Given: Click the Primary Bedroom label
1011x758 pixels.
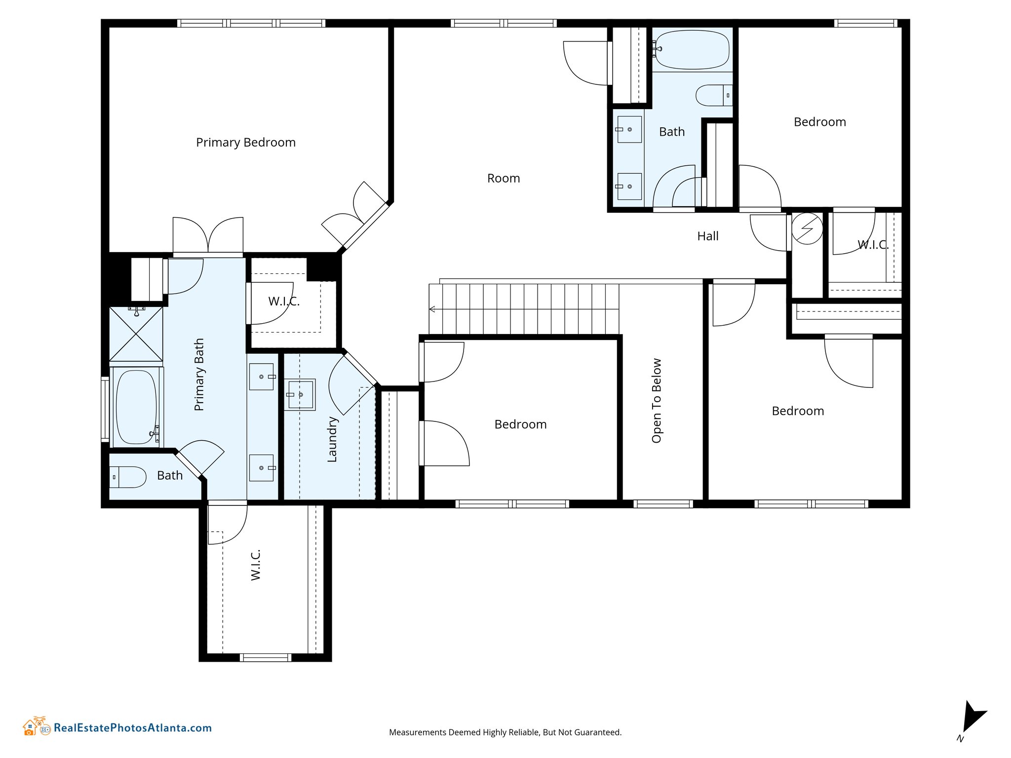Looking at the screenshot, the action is [x=246, y=143].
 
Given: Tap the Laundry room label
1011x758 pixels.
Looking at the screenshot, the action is [x=332, y=439].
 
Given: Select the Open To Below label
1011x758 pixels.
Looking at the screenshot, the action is [x=657, y=401].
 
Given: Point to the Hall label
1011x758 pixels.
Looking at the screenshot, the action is [x=708, y=236].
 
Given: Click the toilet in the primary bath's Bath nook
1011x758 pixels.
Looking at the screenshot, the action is [x=128, y=477].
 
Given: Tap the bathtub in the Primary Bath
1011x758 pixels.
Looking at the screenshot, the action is [x=137, y=407].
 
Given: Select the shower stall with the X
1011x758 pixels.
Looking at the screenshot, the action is [x=136, y=334].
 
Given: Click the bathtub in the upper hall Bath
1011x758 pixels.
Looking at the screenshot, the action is [x=692, y=50].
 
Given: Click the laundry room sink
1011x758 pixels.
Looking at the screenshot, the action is [x=300, y=395].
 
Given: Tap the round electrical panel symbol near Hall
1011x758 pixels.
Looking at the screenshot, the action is [x=807, y=228].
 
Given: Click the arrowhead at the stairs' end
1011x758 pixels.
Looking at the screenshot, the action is [x=432, y=309].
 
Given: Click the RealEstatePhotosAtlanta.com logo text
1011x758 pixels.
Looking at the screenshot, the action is [x=133, y=728].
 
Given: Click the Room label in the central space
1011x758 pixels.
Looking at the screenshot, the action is [x=504, y=178].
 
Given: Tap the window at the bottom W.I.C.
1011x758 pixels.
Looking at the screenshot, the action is [x=265, y=657].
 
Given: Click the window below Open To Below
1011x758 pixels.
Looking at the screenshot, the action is [x=663, y=504].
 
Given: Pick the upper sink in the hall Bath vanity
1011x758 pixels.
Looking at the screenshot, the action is [x=629, y=129].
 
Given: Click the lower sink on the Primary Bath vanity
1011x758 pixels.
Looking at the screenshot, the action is [x=261, y=468].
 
